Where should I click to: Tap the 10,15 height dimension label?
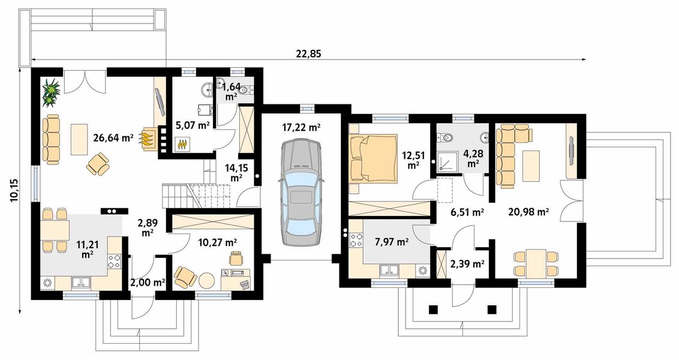point(14,191)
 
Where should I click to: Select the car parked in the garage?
point(301,193)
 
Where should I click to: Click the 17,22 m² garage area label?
point(301,127)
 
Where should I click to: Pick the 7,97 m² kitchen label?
point(392,242)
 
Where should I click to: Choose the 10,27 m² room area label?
point(218,242)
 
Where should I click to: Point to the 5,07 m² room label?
point(193,126)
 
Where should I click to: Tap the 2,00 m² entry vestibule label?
point(148,283)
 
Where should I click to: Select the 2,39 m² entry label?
point(467,263)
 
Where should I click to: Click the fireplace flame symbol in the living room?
point(147,139)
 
